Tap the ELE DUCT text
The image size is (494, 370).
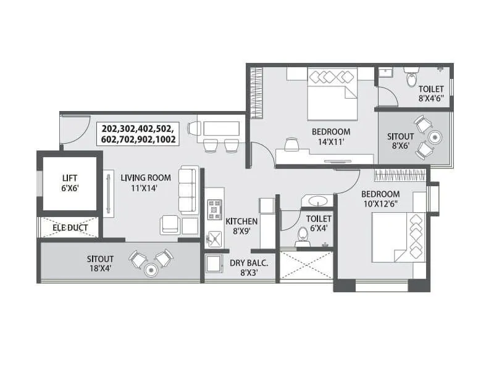(x=69, y=228)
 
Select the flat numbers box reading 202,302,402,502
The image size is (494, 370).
(x=140, y=134)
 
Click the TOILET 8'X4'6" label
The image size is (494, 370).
(x=430, y=93)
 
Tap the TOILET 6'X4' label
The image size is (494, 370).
(x=319, y=223)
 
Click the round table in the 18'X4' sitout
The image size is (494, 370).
(x=151, y=269)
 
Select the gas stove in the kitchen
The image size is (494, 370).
(x=214, y=209)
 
